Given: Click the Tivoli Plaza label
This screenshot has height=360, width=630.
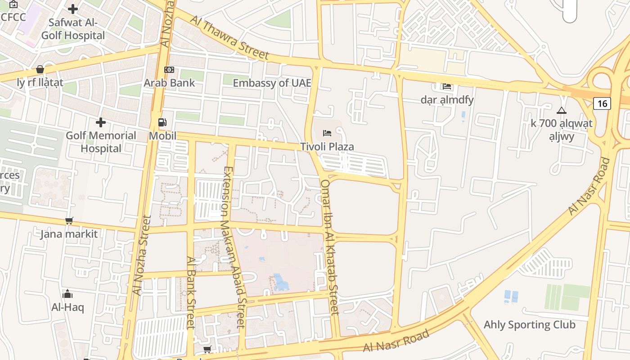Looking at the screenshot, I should click(327, 147).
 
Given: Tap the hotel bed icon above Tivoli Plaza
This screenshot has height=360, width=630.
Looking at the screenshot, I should click(327, 133).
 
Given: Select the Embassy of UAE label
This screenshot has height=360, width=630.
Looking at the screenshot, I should click(272, 83).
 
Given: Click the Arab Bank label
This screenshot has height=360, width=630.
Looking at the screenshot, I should click(169, 83).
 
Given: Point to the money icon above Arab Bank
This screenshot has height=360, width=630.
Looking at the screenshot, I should click(169, 70).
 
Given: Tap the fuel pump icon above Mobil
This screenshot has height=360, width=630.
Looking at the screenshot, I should click(162, 122).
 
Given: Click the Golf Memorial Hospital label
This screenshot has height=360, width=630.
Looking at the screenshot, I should click(101, 142).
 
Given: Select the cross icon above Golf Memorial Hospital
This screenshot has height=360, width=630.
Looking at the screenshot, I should click(101, 122).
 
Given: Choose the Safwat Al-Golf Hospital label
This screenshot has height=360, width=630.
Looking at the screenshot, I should click(73, 29).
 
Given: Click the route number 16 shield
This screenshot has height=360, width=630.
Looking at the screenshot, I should click(602, 103).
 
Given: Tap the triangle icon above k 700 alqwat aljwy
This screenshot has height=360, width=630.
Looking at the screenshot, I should click(561, 110).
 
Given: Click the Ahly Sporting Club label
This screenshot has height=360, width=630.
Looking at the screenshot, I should click(529, 324).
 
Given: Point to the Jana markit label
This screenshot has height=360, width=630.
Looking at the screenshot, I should click(69, 234).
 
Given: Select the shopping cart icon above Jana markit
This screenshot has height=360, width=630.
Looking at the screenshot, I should click(69, 220).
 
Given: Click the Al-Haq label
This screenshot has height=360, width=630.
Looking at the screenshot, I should click(67, 307).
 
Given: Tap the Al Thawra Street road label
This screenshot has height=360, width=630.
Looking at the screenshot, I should click(229, 38).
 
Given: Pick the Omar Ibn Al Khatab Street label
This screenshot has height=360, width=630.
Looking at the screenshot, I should click(329, 247).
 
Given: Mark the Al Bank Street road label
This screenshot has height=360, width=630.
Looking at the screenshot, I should click(190, 292).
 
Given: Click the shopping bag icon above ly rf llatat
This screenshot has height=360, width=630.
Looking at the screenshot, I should click(40, 69).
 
